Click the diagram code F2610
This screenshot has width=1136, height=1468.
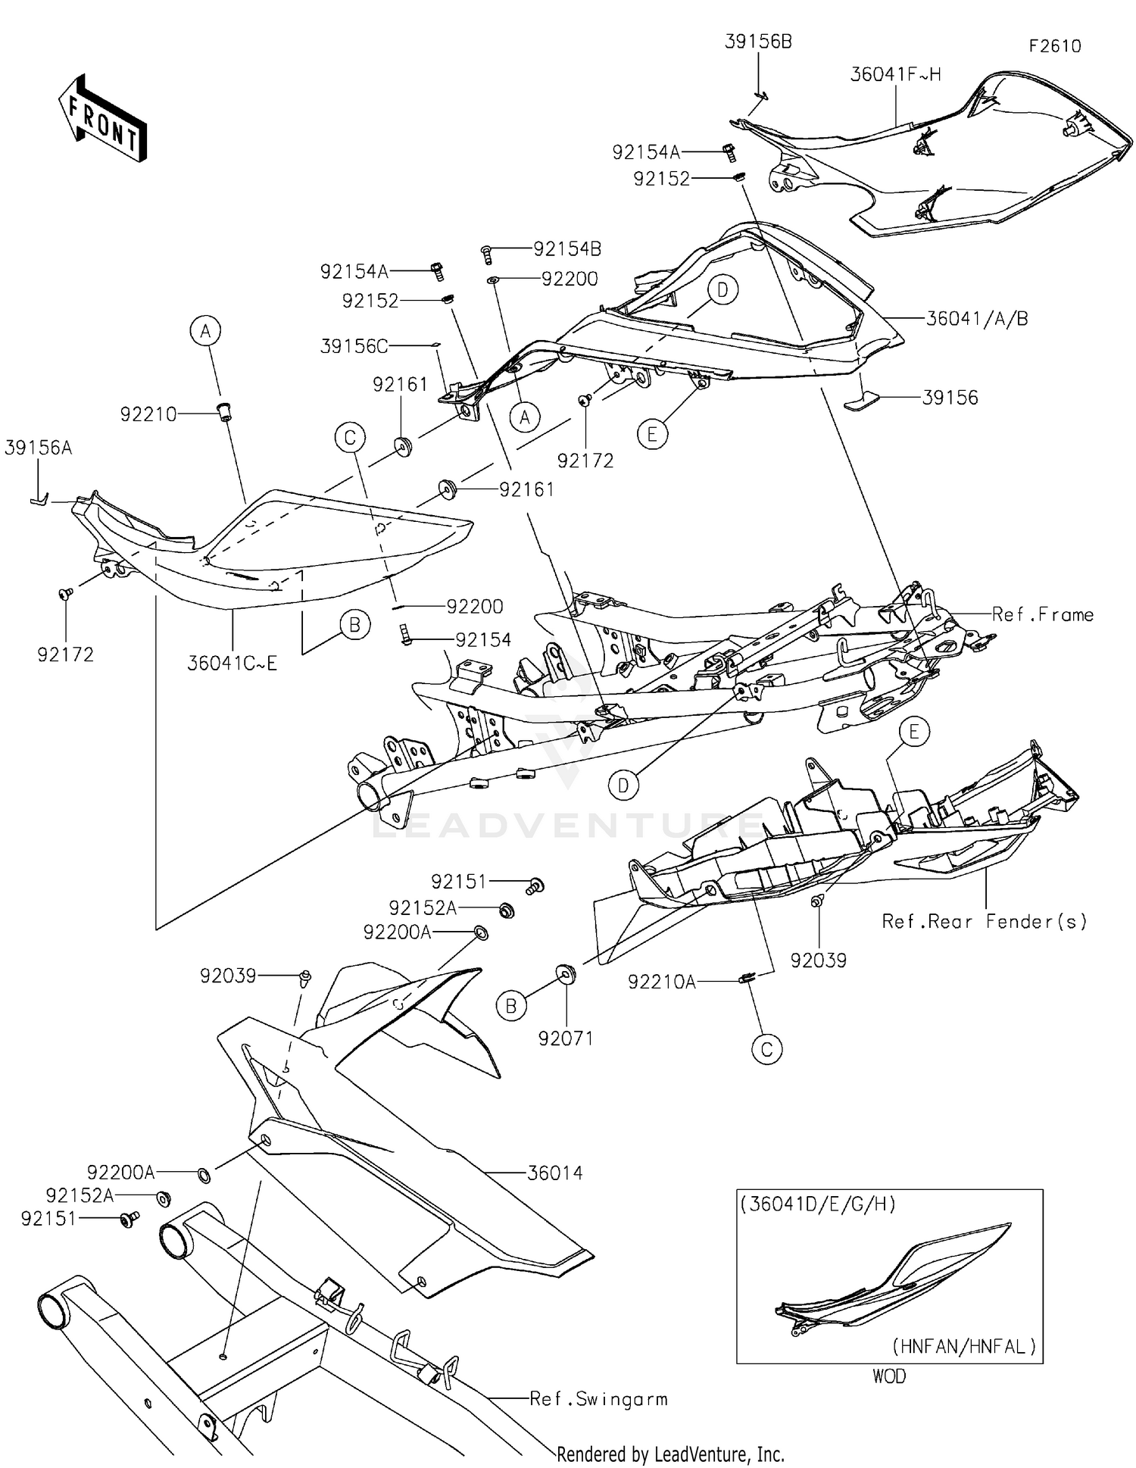tap(1054, 46)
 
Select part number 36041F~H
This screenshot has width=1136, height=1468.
tap(895, 74)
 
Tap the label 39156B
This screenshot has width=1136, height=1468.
tap(758, 42)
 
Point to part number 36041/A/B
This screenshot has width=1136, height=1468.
tap(977, 319)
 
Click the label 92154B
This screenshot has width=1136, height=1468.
tap(567, 249)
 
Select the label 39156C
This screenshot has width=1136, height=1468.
tap(354, 346)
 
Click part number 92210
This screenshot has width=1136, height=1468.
tap(148, 414)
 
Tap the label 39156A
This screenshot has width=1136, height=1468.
tap(38, 448)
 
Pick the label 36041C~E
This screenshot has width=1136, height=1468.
tap(233, 664)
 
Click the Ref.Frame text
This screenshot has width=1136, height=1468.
tap(1043, 614)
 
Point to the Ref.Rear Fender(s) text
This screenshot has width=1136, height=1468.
tap(985, 921)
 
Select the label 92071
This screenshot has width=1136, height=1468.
tap(566, 1039)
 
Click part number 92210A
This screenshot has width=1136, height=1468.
tap(661, 982)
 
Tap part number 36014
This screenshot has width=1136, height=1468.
tap(554, 1173)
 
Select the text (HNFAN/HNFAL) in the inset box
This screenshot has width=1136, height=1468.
tap(963, 1346)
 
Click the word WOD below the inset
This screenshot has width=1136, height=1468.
tap(888, 1376)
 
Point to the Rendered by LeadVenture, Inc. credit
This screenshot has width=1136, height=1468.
tap(670, 1454)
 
